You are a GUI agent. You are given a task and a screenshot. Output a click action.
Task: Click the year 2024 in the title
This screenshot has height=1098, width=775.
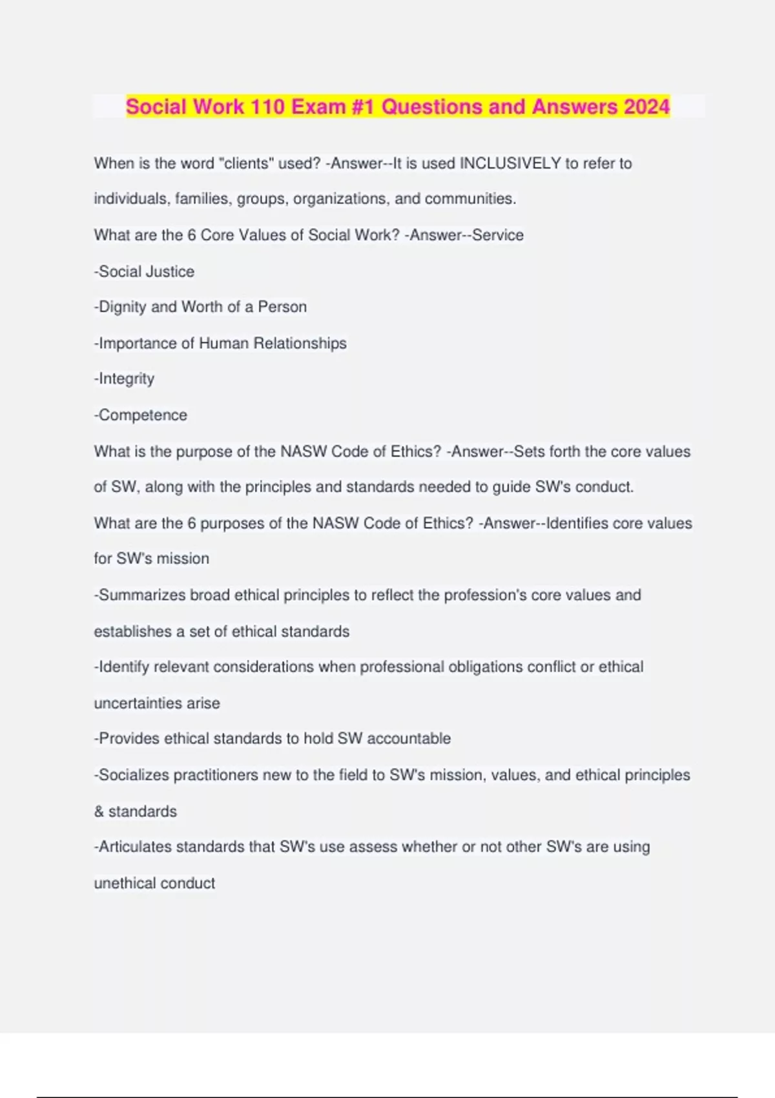(646, 107)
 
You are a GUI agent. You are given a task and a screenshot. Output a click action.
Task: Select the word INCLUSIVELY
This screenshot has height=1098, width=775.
(510, 163)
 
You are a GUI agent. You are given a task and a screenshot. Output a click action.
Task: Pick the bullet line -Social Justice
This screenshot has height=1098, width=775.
(144, 271)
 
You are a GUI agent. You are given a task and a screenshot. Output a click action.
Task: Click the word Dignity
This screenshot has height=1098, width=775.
(122, 307)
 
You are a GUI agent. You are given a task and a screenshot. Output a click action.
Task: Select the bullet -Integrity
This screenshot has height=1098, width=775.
(124, 378)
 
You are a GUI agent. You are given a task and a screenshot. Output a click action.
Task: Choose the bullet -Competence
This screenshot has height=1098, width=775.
(141, 415)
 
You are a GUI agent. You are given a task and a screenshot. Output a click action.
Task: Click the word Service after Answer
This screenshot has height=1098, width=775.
(498, 235)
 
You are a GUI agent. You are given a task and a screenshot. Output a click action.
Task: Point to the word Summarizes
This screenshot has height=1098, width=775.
(142, 595)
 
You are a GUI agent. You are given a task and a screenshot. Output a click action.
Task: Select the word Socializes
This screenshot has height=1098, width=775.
(134, 774)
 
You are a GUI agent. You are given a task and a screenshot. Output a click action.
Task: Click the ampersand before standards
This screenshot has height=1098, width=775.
(99, 811)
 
